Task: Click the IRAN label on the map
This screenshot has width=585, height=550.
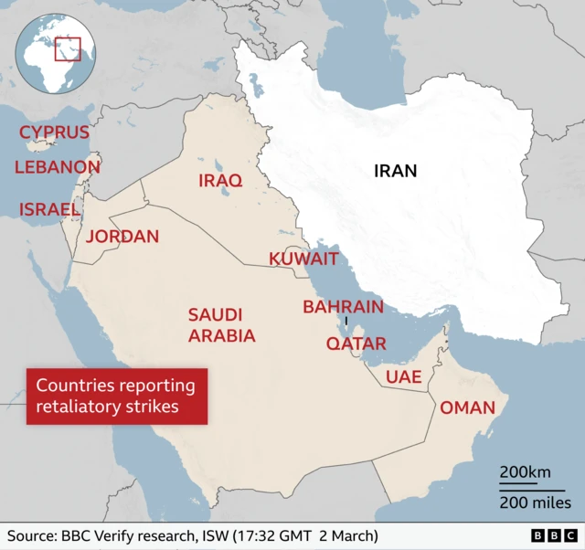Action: point(395,170)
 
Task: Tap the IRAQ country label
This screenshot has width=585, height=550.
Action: point(220,181)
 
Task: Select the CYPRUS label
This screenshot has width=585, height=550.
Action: point(55,132)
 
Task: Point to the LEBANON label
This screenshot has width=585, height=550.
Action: point(57,167)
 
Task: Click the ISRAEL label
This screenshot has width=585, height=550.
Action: point(50,209)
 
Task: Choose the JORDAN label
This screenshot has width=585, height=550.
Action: point(122,237)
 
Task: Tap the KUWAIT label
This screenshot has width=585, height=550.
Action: point(303,259)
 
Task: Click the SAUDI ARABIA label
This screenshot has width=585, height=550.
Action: point(221,325)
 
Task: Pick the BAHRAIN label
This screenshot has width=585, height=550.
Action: point(343,307)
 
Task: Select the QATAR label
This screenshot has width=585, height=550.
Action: point(356,344)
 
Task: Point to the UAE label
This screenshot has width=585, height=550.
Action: point(403,376)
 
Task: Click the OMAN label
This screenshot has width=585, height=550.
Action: point(467,407)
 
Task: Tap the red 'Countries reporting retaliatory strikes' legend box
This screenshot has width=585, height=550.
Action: point(116,396)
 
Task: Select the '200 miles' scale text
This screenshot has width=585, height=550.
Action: point(535,502)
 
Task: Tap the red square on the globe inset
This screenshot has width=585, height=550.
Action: point(68,48)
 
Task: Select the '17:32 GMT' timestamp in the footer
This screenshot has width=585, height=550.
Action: point(292,535)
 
